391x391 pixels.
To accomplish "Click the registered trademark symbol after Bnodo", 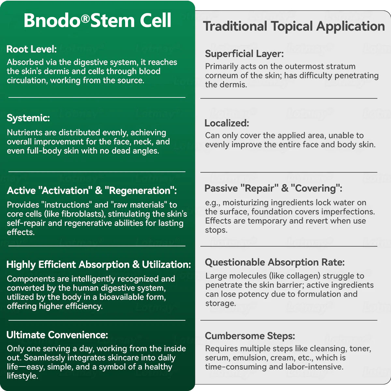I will [x=85, y=19].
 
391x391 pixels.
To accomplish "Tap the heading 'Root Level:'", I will [x=32, y=49].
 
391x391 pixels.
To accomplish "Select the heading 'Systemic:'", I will [x=28, y=118].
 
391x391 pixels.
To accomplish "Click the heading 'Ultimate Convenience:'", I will [x=57, y=335].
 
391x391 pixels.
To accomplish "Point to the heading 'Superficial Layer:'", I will [x=244, y=54].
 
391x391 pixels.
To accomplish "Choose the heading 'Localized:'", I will [x=227, y=123].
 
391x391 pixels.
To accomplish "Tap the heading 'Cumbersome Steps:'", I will [x=250, y=336].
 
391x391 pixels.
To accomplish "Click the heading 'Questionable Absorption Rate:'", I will [x=275, y=262].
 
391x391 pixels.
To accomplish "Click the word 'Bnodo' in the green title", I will [x=52, y=21].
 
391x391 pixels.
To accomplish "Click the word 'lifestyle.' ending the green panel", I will [x=22, y=376].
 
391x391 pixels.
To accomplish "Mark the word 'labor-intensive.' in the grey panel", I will [x=315, y=367].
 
